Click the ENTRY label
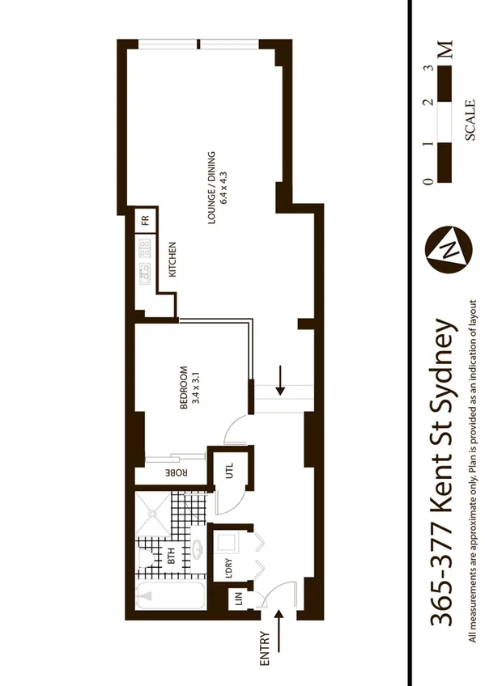point(265,649)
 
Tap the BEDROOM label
point(184,387)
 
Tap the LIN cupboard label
point(239,600)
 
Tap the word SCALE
point(470,121)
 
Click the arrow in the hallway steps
point(280,380)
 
